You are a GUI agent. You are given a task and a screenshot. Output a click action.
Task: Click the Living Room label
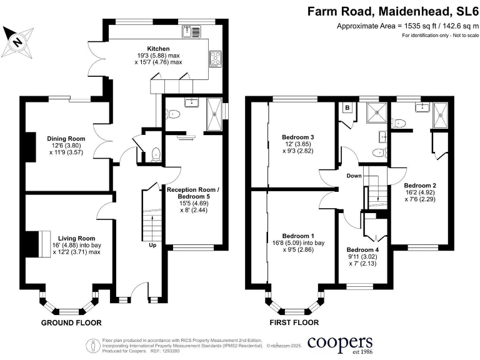point(76,238)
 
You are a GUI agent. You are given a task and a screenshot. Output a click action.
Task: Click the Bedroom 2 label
point(420,185)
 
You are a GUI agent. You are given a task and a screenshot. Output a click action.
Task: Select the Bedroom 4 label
point(363,249)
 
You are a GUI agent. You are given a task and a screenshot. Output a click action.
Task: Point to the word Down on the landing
point(354,176)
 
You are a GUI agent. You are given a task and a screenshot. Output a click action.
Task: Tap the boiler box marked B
point(347,107)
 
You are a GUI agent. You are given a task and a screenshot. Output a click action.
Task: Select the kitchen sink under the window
point(191,31)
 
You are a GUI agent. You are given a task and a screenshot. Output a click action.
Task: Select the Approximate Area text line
point(407,26)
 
